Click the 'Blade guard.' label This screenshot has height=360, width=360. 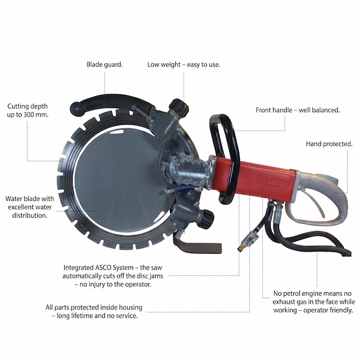(104, 65)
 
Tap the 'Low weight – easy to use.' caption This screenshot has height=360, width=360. (184, 65)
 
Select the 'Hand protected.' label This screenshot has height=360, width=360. (329, 144)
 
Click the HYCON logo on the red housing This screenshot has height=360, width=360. (274, 179)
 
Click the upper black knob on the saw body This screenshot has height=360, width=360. (179, 107)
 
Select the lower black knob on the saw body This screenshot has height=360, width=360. (205, 219)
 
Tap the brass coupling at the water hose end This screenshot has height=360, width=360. (241, 248)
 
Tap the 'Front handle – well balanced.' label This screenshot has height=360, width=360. (298, 110)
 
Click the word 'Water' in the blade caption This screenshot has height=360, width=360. (14, 199)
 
